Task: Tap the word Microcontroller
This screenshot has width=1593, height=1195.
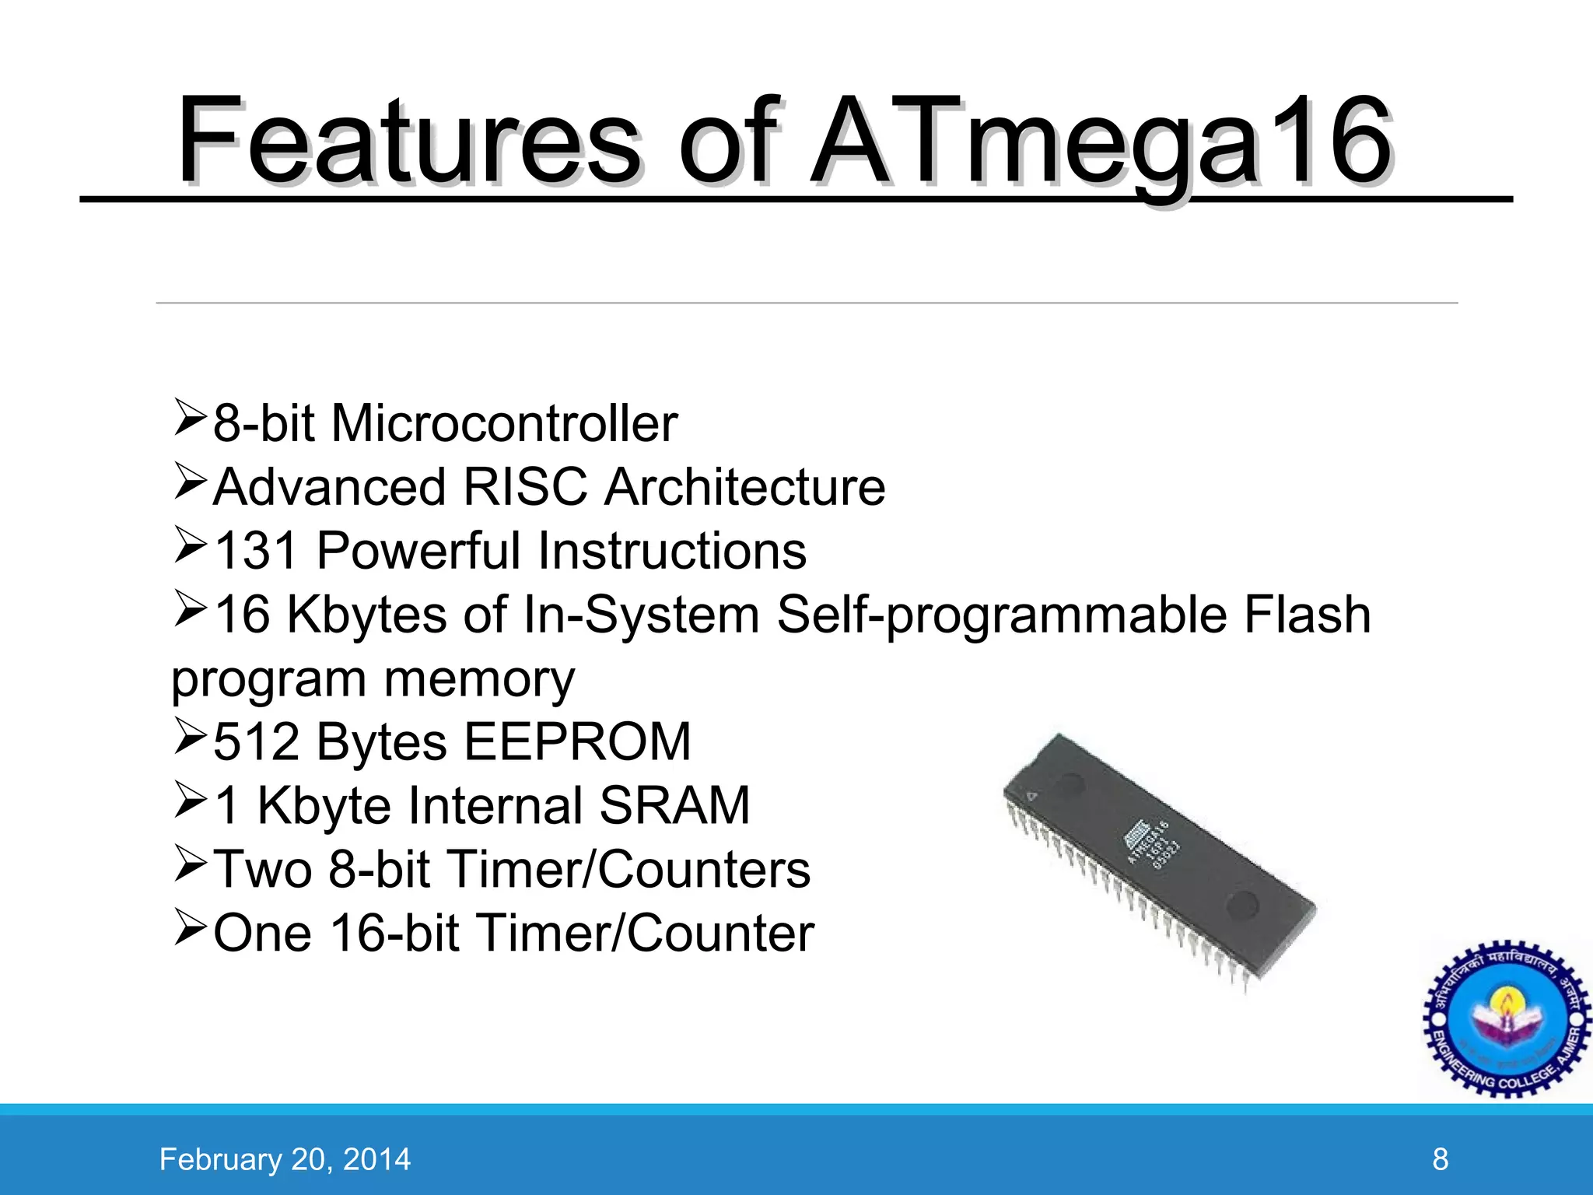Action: click(504, 424)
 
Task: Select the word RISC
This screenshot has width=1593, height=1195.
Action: click(525, 488)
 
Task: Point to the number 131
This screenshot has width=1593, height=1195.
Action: click(256, 552)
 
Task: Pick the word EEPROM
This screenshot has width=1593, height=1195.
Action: click(577, 741)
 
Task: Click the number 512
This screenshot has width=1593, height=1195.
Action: click(256, 741)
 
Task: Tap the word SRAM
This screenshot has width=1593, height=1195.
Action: click(674, 805)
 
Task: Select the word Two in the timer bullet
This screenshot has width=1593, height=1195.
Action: click(262, 869)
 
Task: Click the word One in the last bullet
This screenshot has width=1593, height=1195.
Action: click(262, 933)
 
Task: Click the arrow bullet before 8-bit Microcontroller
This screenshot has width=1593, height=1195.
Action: click(189, 418)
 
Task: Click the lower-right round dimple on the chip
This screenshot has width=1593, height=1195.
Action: click(1242, 904)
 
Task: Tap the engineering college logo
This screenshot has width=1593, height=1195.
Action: click(1507, 1019)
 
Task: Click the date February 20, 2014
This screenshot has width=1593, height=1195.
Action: click(285, 1159)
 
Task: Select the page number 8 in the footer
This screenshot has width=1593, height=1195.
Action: click(1440, 1159)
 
